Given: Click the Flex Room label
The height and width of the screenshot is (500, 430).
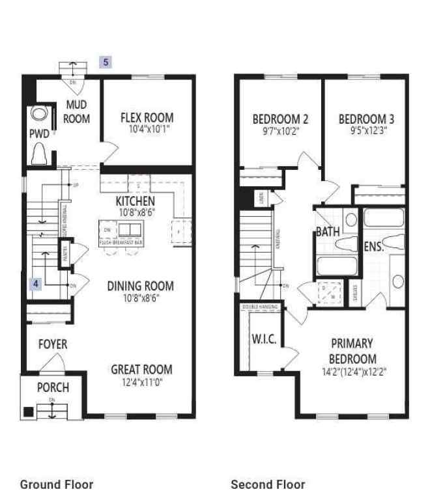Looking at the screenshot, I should point(147,118).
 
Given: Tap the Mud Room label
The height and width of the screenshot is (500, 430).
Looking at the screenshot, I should point(77,111).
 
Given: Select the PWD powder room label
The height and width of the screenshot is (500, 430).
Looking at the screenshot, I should point(40,134).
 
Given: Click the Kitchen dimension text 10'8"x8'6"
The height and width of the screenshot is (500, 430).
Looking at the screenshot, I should point(135,213).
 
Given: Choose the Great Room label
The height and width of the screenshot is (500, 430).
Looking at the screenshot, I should point(141,369).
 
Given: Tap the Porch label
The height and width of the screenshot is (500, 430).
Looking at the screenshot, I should point(52,388).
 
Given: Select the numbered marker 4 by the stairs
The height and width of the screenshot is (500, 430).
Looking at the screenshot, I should point(36,283).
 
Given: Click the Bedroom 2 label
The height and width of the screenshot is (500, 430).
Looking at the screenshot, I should point(280,119).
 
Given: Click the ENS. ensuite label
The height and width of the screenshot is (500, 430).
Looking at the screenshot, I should point(373,247).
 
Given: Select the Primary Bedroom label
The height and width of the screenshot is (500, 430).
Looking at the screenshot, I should point(352,351).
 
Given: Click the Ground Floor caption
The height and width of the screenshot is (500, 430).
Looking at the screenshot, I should point(57,484).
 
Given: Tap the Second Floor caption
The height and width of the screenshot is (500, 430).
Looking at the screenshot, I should point(268,484).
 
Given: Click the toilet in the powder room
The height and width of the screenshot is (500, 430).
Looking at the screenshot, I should point(38,154).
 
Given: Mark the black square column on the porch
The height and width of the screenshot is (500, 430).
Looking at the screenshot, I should point(29,411).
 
